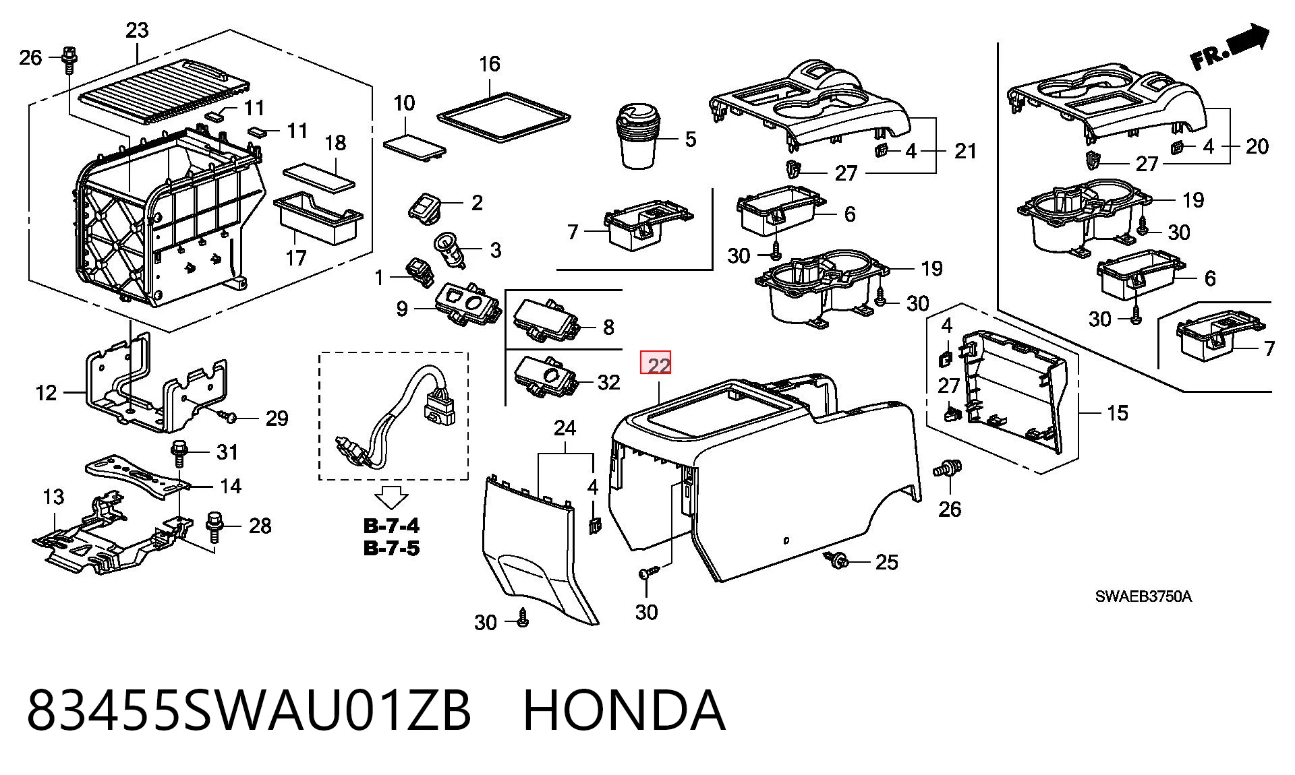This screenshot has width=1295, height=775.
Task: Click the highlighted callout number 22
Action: [656, 365]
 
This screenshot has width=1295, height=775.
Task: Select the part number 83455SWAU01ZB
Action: [248, 710]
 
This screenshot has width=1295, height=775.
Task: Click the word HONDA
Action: [624, 710]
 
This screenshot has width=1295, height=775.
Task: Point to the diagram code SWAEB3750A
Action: [1143, 596]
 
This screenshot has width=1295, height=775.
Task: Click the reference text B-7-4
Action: [391, 526]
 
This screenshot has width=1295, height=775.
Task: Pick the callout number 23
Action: [137, 30]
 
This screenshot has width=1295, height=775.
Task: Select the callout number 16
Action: [490, 64]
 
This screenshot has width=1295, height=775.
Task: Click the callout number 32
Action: [608, 382]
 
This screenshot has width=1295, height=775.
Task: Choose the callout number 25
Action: [886, 562]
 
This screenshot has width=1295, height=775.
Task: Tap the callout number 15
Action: [1117, 413]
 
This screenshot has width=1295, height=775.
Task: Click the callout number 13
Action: [53, 497]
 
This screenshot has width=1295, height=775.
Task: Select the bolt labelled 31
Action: [179, 453]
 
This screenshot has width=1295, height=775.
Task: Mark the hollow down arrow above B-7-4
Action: [391, 497]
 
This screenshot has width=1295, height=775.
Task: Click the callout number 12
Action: [46, 392]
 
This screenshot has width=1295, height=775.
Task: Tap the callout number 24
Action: [565, 428]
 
